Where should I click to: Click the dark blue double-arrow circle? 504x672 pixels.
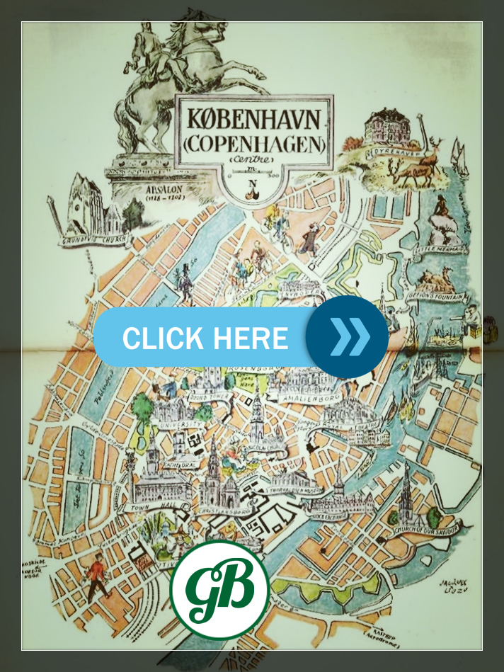click(347, 337)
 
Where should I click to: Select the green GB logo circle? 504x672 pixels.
click(220, 589)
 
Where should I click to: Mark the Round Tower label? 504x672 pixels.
click(200, 397)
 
